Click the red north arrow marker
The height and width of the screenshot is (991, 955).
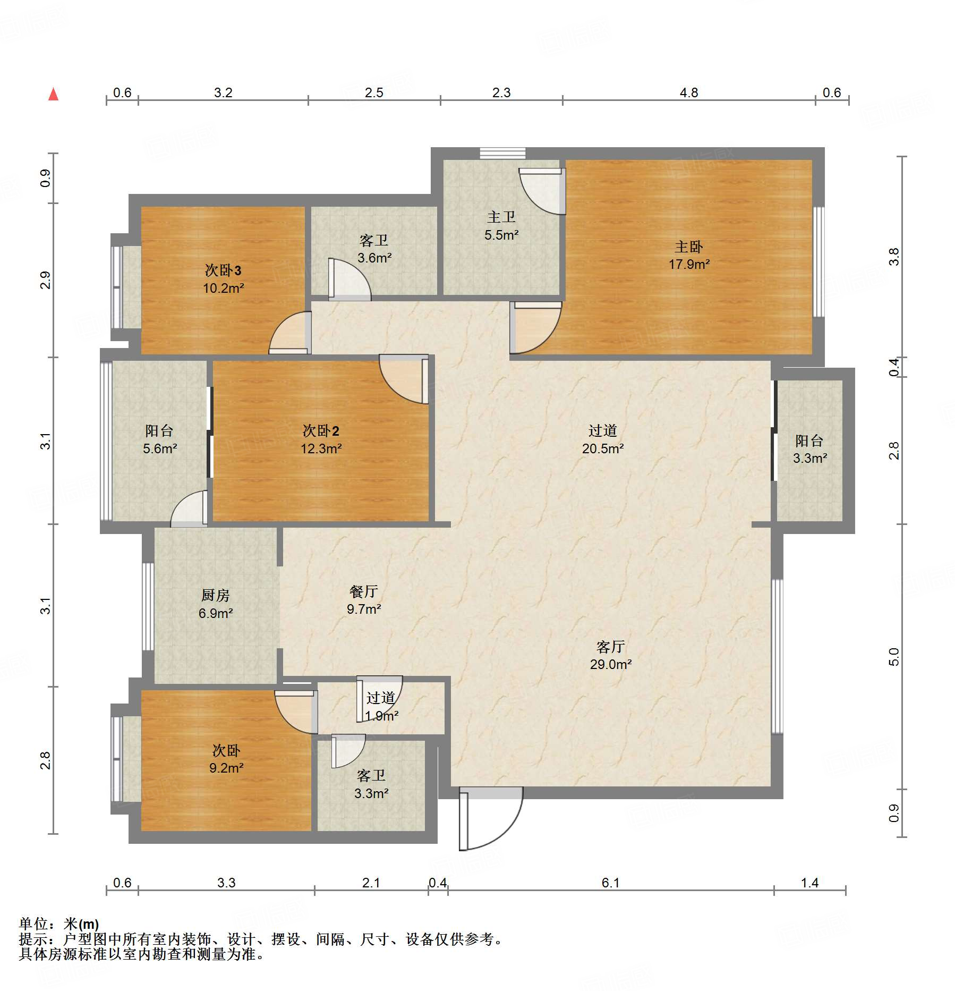[x=53, y=95]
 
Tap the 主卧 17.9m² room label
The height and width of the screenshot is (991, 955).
[x=689, y=255]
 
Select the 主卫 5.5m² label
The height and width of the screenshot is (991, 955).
[x=501, y=225]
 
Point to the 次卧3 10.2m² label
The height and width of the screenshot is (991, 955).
[x=223, y=279]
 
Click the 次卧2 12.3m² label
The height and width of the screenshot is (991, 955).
[x=321, y=439]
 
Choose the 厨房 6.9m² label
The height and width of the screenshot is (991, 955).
[x=215, y=604]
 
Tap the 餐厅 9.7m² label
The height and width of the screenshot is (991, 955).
[x=363, y=600]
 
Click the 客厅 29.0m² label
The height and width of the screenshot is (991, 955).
[x=610, y=655]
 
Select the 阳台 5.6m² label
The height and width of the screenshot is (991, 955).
[x=159, y=439]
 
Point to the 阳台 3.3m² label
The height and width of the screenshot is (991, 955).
[x=809, y=449]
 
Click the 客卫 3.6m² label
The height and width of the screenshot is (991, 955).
[x=374, y=249]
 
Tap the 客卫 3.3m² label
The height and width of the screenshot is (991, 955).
[x=371, y=784]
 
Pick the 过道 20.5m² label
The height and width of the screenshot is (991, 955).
[x=602, y=439]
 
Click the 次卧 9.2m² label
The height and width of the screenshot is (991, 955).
[x=226, y=759]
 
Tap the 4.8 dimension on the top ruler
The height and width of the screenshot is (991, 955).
[x=689, y=93]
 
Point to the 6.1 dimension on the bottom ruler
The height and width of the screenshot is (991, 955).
[x=610, y=883]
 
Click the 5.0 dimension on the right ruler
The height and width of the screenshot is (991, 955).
[x=894, y=657]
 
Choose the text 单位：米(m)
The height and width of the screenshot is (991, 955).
[x=59, y=924]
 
